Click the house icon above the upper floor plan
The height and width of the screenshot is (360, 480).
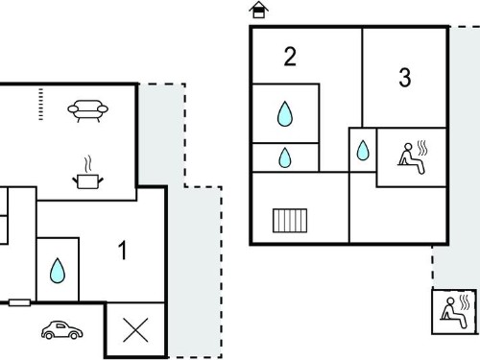point(258,10)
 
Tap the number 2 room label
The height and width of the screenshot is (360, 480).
point(290,57)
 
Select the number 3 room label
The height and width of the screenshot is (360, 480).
point(405,78)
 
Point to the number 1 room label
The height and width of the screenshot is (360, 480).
point(123,250)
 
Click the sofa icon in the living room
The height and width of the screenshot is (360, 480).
point(88,110)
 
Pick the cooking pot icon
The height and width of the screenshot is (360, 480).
point(87,181)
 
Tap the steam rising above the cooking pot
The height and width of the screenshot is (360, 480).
point(88,164)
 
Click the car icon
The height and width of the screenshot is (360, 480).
point(62,330)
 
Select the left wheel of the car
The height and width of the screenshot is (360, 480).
point(49,335)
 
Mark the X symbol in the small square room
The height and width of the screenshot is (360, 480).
point(135,330)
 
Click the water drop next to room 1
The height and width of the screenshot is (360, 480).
point(58,271)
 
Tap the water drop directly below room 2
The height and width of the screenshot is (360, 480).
point(285,114)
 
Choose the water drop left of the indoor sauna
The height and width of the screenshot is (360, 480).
point(363,150)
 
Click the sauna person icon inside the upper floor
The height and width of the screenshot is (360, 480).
point(413,157)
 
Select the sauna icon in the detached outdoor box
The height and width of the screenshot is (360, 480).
point(455,311)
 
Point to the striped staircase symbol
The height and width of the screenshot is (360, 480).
point(290,221)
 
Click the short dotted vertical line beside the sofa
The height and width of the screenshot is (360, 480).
point(40,105)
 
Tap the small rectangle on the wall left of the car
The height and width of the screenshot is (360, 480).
point(19,302)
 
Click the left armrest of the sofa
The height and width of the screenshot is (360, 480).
point(73,109)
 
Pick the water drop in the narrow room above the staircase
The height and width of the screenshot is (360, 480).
point(285,157)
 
